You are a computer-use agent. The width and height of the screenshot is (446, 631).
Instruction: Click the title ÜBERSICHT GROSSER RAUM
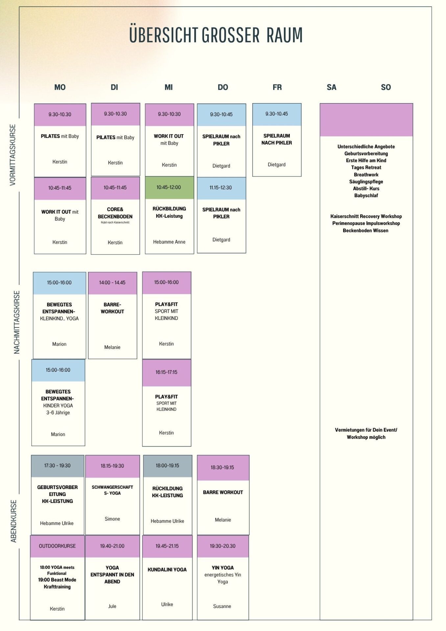click(216, 35)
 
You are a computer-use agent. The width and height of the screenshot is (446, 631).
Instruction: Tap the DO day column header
click(223, 87)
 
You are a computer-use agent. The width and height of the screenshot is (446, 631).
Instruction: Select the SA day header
click(331, 87)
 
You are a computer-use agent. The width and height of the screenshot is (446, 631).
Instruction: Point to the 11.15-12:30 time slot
click(221, 188)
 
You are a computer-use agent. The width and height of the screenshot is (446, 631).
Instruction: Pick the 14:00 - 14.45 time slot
click(112, 283)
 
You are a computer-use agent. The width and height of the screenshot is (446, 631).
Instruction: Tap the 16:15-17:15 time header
click(167, 372)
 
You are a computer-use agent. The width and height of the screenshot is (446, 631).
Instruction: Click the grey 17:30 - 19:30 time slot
click(58, 466)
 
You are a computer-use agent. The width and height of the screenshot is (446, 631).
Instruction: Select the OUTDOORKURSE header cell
click(58, 546)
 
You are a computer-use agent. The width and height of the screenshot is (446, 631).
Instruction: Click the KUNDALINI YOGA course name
click(167, 570)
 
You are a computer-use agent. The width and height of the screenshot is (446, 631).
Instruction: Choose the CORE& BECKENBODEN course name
click(115, 213)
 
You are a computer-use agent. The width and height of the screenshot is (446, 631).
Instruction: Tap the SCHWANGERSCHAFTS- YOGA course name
click(112, 490)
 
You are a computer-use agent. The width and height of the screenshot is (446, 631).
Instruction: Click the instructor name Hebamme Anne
click(169, 242)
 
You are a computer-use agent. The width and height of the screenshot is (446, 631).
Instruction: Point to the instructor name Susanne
click(222, 606)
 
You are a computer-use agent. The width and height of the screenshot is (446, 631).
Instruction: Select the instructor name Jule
click(112, 606)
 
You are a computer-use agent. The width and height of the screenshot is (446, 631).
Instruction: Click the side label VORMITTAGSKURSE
click(13, 155)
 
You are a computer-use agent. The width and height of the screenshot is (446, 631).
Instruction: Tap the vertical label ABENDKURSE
click(13, 521)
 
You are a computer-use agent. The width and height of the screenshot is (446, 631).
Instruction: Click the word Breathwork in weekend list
click(366, 175)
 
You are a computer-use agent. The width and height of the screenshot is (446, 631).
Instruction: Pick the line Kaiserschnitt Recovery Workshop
click(366, 216)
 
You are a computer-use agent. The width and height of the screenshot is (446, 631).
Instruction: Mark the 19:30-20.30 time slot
click(223, 546)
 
